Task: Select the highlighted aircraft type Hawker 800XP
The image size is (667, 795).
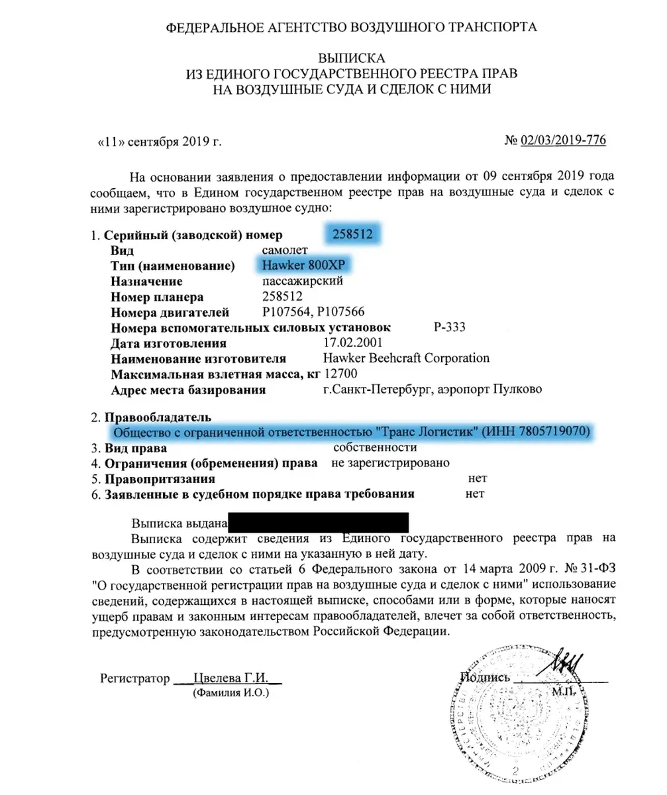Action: click(x=301, y=266)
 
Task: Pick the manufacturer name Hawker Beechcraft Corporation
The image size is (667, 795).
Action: click(x=404, y=358)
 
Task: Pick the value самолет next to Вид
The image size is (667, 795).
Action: click(x=285, y=251)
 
